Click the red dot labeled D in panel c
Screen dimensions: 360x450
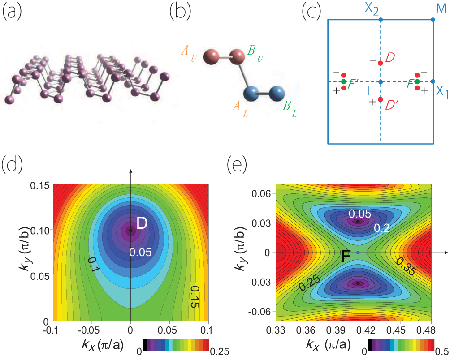[381, 63]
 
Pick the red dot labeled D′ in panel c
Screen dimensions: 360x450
[381, 99]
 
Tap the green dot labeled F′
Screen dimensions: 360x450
[344, 82]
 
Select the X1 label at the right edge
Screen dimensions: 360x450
[442, 92]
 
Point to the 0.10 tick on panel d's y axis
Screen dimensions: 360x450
[40, 230]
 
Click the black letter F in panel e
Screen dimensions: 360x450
[346, 257]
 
